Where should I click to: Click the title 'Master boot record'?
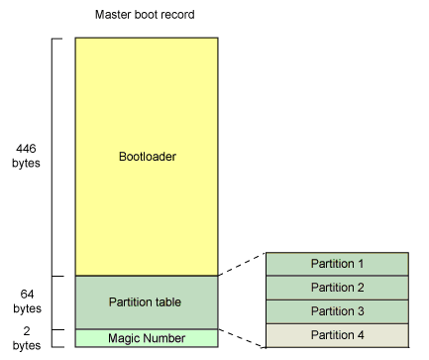[146, 16]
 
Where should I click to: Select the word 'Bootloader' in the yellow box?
[146, 157]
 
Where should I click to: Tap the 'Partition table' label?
[146, 301]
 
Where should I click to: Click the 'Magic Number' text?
[146, 338]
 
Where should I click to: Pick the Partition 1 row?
[337, 264]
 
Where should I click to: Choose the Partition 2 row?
[337, 288]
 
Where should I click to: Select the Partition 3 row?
[337, 310]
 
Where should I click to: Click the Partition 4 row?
[337, 334]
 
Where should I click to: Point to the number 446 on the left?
[28, 149]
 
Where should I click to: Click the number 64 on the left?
[28, 295]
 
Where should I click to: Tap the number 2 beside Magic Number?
[28, 331]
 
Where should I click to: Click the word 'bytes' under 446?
[28, 163]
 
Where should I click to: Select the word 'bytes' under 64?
[28, 308]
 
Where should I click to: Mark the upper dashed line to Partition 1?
[242, 264]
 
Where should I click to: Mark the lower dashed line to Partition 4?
[242, 337]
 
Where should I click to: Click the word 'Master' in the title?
[112, 16]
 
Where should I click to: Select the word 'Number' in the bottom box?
[164, 338]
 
